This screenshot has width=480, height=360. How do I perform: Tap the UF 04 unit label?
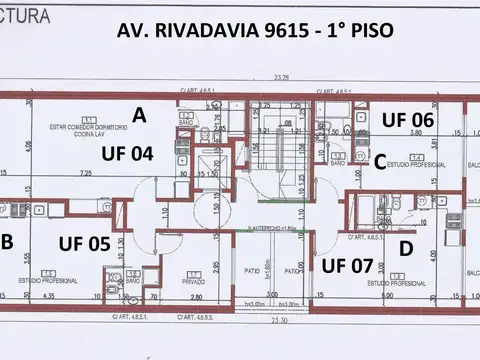click(x=127, y=154)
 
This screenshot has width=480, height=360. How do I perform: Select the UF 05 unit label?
click(x=85, y=241)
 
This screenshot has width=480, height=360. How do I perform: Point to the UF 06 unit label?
click(x=408, y=119)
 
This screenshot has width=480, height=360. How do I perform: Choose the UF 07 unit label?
click(x=347, y=265)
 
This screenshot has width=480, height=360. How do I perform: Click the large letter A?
click(x=139, y=115)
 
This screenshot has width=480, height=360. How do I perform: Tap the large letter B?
click(x=7, y=240)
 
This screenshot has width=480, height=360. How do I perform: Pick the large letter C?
click(x=380, y=160)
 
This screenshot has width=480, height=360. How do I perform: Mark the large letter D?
click(x=406, y=247)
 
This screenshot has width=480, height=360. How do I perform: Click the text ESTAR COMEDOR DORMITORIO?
click(x=85, y=130)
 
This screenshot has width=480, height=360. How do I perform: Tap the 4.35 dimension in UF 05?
click(x=48, y=297)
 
